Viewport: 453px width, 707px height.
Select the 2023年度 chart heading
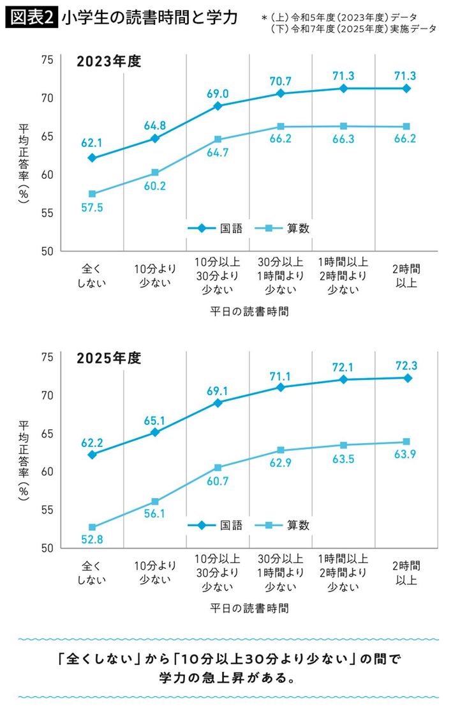tap(108, 62)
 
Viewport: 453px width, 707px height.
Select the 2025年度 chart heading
tap(108, 358)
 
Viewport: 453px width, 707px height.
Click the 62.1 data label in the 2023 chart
tap(91, 142)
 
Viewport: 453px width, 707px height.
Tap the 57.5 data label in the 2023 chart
tap(91, 209)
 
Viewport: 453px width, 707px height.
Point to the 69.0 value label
tap(218, 93)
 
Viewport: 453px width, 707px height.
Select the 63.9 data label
tap(406, 455)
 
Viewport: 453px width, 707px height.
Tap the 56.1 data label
tap(155, 515)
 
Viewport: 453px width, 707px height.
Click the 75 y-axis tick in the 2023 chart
tap(47, 60)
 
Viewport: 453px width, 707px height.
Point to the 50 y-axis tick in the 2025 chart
tap(47, 548)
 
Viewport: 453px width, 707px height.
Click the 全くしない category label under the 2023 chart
tap(91, 275)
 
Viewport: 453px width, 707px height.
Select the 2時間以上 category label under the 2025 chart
tap(406, 572)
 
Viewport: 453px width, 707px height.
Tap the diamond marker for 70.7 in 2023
tap(280, 94)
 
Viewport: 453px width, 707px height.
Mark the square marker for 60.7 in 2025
tap(218, 468)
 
